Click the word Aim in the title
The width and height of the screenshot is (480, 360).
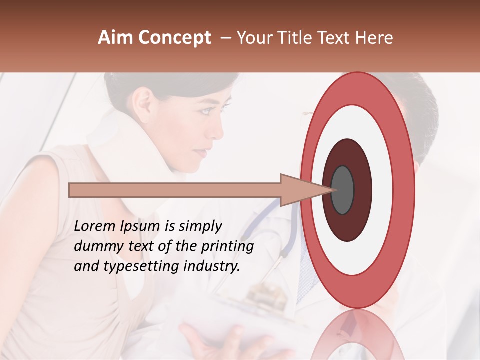[116, 38]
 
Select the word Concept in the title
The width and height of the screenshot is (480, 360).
[174, 38]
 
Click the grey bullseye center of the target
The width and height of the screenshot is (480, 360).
[343, 190]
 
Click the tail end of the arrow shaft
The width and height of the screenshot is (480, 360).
[71, 190]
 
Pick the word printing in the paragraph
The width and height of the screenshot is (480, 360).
[228, 247]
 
